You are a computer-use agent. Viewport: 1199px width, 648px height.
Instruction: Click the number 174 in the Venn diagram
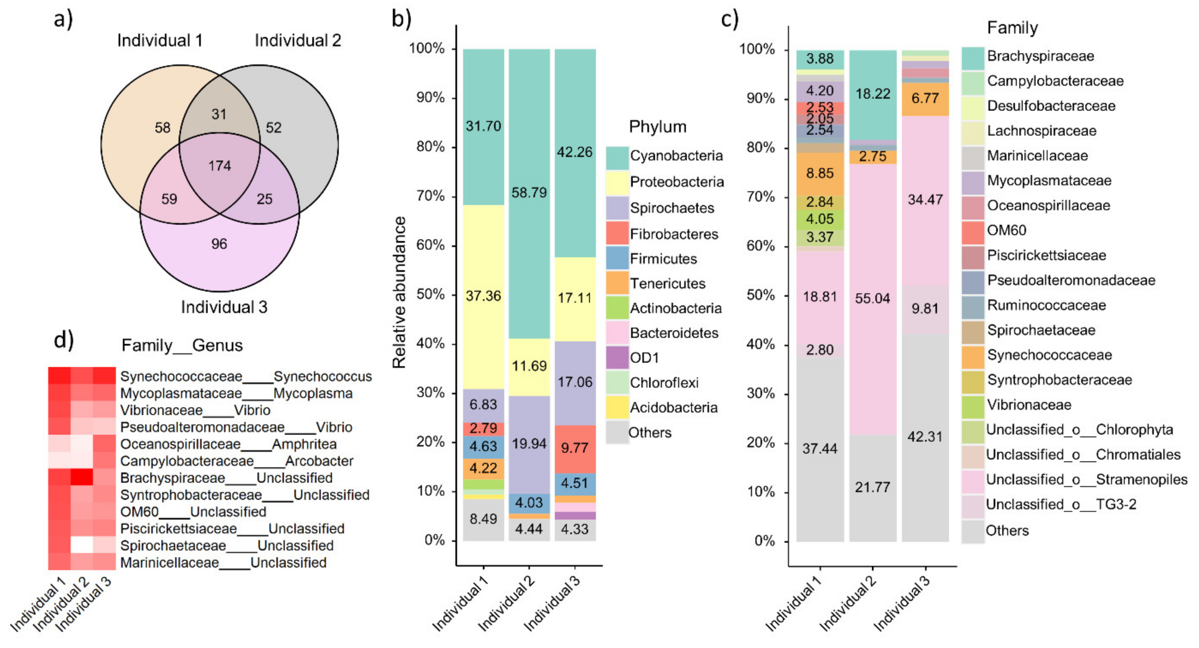219,166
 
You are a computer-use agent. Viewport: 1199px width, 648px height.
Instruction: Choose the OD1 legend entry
644,358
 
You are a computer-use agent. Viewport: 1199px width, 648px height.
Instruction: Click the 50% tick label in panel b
430,294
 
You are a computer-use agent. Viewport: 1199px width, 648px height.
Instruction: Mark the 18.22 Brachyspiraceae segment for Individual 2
872,94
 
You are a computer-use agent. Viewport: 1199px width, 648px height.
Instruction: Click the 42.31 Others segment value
925,437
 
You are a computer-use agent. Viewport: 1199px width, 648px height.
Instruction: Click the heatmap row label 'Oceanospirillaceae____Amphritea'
228,444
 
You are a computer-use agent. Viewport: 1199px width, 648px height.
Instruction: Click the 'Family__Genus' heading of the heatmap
182,345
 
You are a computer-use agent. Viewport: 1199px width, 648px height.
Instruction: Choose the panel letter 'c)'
729,19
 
